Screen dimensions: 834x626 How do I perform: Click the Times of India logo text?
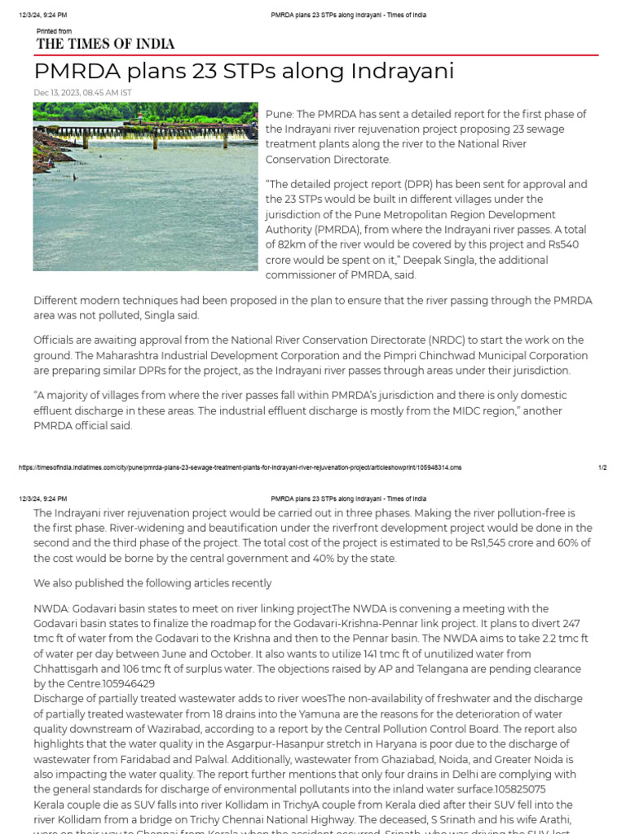105,44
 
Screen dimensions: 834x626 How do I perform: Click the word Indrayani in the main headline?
402,72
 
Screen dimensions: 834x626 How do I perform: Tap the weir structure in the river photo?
122,130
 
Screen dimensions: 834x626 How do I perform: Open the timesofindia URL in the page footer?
239,467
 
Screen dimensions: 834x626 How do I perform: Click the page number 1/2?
602,467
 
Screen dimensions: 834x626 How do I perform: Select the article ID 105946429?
128,684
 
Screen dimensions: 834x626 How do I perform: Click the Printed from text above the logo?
54,31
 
